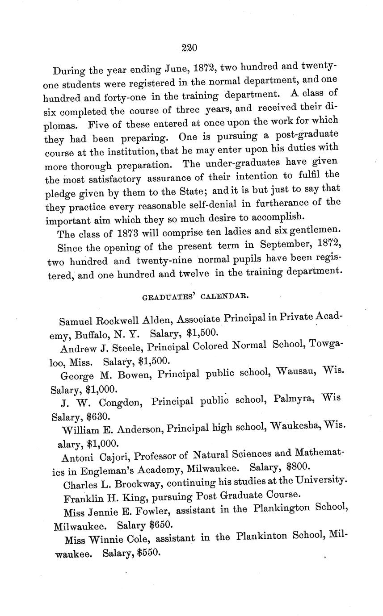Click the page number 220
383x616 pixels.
click(190, 47)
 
